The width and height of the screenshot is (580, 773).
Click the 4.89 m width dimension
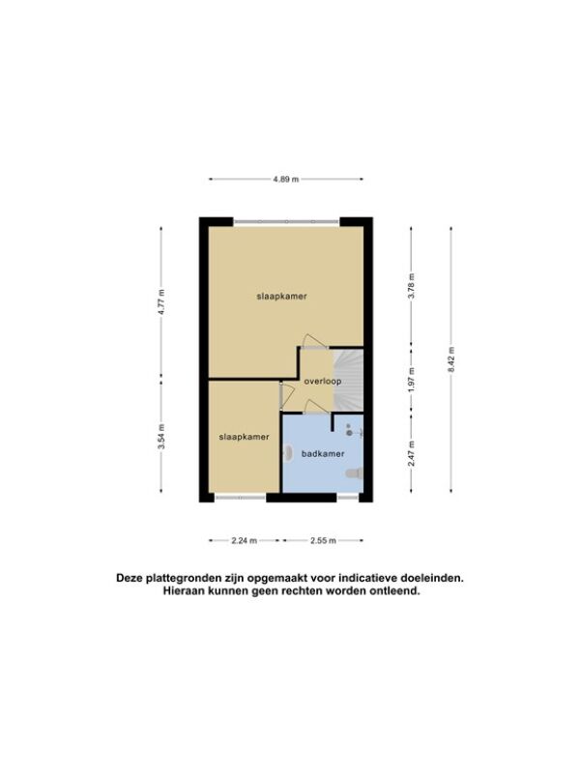[286, 180]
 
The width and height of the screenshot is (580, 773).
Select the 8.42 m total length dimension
[451, 359]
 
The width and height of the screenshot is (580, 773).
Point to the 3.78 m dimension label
[412, 286]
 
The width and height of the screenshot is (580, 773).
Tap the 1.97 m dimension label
[412, 380]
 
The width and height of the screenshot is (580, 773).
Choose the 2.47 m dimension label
[412, 453]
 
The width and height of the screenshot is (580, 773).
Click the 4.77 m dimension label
[161, 303]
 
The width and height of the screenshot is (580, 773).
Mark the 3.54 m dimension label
[161, 437]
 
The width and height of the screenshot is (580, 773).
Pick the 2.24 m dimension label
[245, 541]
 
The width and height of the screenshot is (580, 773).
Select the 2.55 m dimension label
[323, 541]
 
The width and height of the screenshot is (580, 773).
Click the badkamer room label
[323, 454]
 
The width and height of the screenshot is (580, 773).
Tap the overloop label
[323, 382]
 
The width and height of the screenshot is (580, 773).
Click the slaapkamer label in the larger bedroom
[281, 297]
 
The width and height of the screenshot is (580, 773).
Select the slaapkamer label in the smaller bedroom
[245, 437]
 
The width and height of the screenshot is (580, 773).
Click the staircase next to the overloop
[348, 380]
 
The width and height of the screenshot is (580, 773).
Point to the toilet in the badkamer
[355, 473]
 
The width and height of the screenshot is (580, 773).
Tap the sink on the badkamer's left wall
[287, 453]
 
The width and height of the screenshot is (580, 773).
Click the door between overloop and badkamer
[316, 408]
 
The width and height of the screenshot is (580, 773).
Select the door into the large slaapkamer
[313, 341]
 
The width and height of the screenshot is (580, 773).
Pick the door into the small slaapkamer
[286, 396]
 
